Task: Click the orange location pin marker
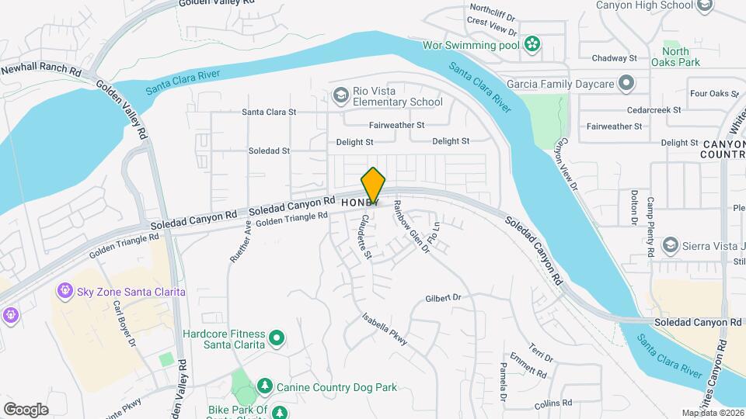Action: click(374, 185)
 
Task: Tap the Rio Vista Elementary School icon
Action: click(340, 95)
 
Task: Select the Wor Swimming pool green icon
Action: click(532, 43)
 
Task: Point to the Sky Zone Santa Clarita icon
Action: click(65, 291)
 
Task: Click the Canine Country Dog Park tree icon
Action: click(264, 386)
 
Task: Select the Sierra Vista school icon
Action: click(669, 246)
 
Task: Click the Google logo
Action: click(26, 409)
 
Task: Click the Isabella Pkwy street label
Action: click(385, 328)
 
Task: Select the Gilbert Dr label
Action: click(443, 298)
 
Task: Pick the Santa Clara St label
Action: click(269, 112)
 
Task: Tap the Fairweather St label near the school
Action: click(396, 124)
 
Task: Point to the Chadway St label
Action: click(614, 58)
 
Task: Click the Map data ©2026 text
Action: click(712, 413)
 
